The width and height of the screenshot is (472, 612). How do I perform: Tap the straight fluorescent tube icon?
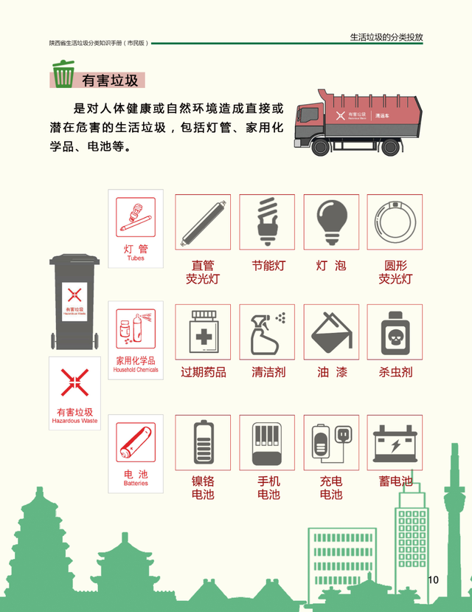(202, 222)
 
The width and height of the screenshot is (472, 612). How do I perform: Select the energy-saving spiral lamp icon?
(266, 222)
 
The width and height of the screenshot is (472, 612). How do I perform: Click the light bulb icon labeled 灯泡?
(331, 222)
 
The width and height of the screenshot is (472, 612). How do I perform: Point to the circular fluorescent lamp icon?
(395, 222)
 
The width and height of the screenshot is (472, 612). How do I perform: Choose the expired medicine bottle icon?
(202, 331)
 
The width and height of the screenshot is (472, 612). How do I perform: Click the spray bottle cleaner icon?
(266, 331)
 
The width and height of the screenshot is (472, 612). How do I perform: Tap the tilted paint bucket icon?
(331, 331)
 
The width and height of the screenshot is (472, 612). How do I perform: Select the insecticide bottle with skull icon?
(395, 331)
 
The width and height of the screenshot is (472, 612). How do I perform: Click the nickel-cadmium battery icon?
(202, 442)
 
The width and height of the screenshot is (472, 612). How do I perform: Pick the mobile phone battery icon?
(266, 442)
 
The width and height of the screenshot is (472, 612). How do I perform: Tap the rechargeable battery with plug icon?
(331, 442)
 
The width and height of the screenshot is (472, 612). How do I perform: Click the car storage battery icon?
(395, 442)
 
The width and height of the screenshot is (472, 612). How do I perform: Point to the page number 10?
(433, 580)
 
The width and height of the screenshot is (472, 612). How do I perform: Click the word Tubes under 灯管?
(136, 259)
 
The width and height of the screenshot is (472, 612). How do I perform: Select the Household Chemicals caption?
(136, 370)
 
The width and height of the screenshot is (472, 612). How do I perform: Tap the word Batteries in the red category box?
(136, 484)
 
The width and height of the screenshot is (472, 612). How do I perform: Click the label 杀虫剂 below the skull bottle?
(395, 372)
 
